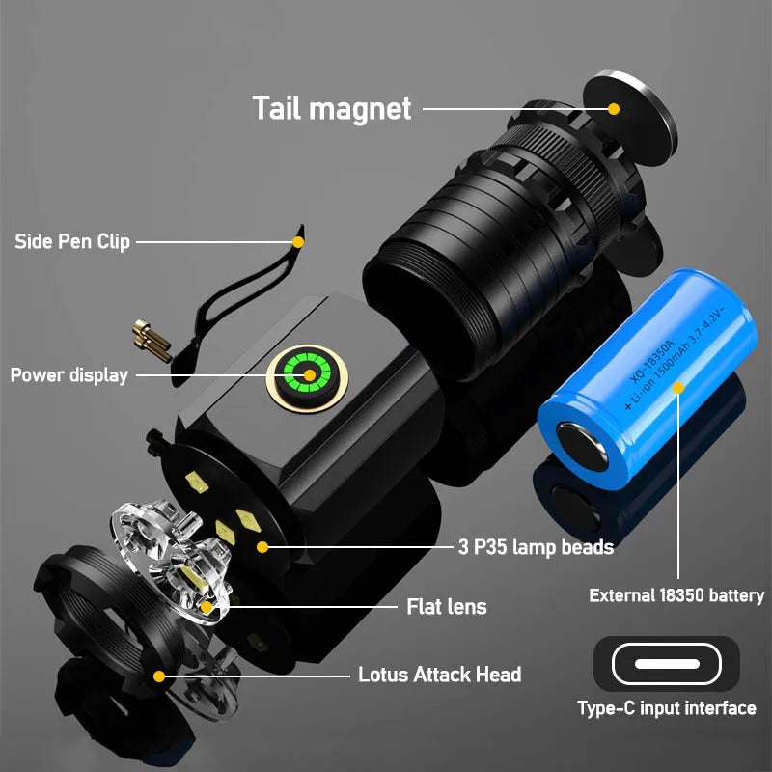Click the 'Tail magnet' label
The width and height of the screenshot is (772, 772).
click(x=331, y=107)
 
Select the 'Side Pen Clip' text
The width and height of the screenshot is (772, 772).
click(x=72, y=241)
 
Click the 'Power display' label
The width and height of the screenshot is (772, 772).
click(x=69, y=374)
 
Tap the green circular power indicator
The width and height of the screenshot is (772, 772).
click(x=309, y=374)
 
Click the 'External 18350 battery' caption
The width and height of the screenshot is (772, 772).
click(x=676, y=595)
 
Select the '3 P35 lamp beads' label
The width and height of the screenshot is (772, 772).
click(x=535, y=547)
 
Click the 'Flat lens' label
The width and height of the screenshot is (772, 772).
click(x=446, y=607)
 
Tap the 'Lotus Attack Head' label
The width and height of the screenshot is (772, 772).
click(x=439, y=675)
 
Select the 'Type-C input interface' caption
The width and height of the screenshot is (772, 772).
click(x=666, y=708)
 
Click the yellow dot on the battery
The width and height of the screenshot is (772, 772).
click(x=678, y=387)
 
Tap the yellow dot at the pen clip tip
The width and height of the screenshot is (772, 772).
click(x=298, y=241)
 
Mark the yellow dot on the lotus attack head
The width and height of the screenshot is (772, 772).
click(x=159, y=675)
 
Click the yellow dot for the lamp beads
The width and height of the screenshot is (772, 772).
click(x=262, y=547)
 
